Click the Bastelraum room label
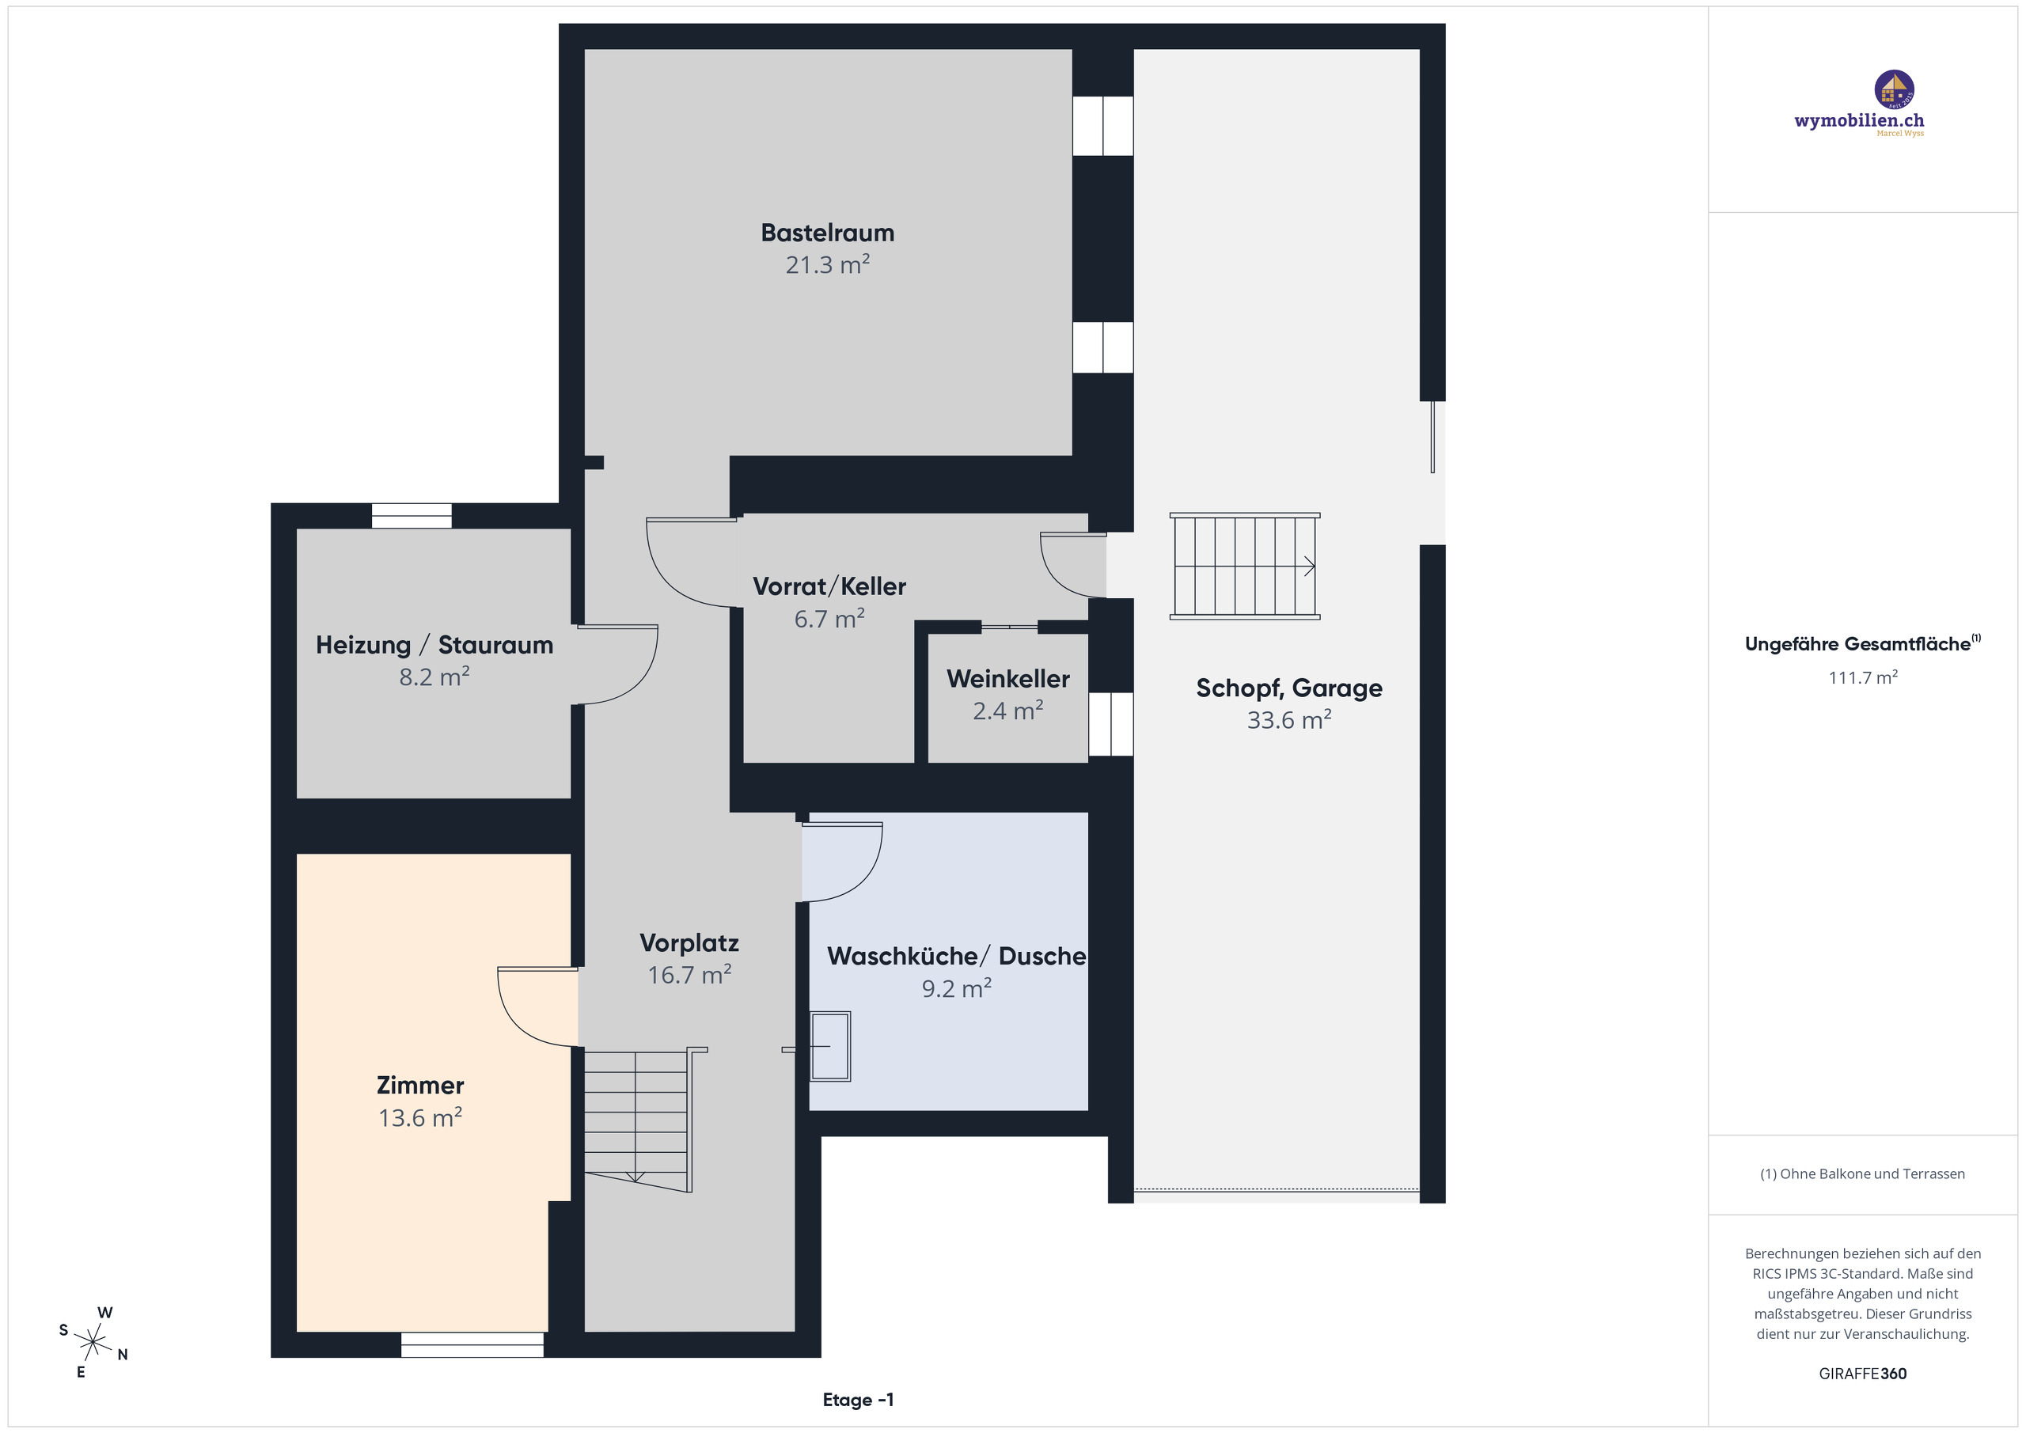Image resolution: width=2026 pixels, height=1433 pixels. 827,233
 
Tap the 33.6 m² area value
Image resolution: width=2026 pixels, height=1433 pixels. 1288,720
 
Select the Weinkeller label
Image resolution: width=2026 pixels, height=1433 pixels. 1007,679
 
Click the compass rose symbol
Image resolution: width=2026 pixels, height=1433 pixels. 93,1343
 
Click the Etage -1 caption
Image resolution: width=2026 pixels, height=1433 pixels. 858,1400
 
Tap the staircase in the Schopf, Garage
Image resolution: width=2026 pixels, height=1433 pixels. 1244,566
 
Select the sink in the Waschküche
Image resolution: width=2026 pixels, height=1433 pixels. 830,1047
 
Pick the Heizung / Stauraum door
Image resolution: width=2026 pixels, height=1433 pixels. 617,665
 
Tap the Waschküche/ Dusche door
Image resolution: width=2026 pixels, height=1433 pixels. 841,861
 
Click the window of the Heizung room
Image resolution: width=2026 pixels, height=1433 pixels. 412,515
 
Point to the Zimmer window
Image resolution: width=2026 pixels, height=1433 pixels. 472,1344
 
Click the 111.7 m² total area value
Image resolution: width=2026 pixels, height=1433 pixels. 1862,677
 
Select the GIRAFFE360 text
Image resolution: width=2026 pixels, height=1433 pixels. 1862,1374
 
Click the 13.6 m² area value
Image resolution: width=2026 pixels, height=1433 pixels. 420,1118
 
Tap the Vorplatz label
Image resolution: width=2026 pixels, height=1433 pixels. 689,943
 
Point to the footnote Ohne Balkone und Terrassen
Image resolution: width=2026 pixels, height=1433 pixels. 1862,1173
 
